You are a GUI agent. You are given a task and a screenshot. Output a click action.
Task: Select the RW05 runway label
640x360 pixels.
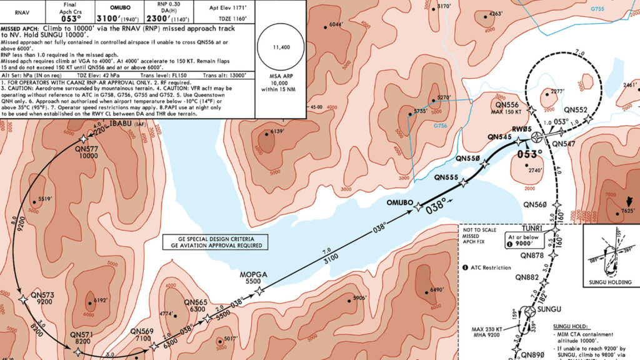point(522,130)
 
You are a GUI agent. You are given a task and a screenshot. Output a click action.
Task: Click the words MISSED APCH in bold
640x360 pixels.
point(19,29)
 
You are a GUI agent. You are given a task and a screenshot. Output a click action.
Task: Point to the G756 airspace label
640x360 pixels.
point(440,126)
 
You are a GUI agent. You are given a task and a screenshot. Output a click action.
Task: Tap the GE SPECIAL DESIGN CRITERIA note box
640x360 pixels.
point(212,242)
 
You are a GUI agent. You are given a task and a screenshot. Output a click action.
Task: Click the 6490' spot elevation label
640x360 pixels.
point(436,290)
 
